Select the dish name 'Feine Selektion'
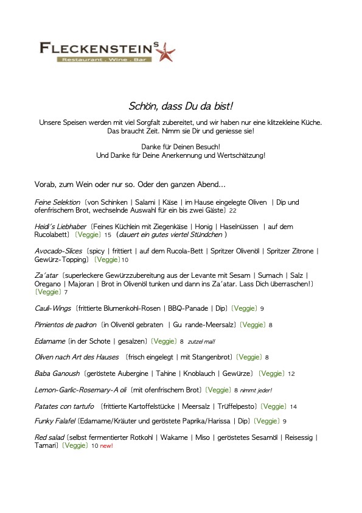(x=58, y=202)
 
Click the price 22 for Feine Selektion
(x=232, y=211)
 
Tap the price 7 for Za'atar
(x=66, y=292)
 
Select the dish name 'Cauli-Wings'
(x=54, y=309)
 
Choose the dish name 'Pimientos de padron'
(x=66, y=325)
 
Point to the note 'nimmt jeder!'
(x=256, y=391)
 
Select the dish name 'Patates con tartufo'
(x=64, y=406)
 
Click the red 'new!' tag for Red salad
(x=106, y=446)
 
